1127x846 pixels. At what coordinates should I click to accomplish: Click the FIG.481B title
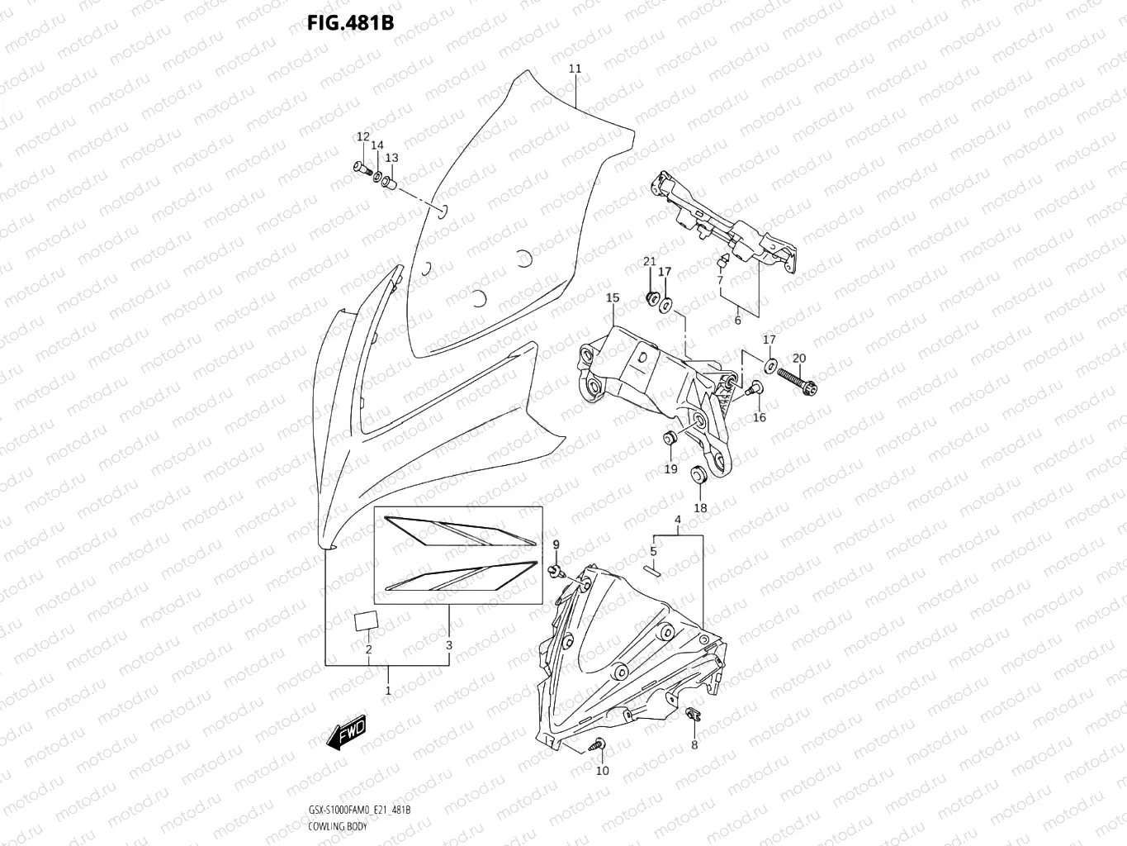pos(350,22)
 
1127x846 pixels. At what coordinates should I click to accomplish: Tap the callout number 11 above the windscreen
pos(575,69)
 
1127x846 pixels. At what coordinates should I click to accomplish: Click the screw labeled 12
pos(362,169)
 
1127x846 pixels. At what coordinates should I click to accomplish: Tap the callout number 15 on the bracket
pos(612,297)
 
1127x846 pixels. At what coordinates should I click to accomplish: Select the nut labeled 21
pos(650,297)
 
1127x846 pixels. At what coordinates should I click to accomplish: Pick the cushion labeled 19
pos(670,438)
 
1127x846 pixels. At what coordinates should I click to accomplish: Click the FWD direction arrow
pos(348,734)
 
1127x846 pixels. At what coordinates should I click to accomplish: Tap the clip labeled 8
pos(692,716)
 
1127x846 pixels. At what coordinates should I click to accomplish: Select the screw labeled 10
pos(599,745)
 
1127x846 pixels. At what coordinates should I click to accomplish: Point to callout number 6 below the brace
pos(737,321)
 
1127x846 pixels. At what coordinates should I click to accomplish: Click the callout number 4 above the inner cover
pos(677,520)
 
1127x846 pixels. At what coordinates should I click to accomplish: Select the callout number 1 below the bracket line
pos(388,690)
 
